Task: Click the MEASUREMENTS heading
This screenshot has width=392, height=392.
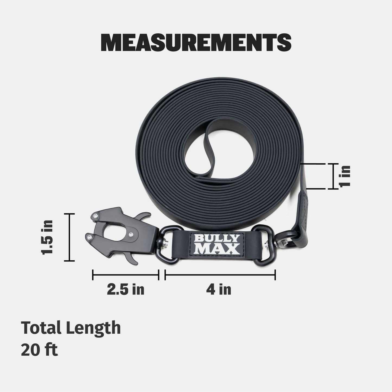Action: pyautogui.click(x=196, y=43)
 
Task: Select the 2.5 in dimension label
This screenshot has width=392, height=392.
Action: pyautogui.click(x=125, y=290)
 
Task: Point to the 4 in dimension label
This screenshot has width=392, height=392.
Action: pyautogui.click(x=218, y=290)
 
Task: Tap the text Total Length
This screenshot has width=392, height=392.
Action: pyautogui.click(x=71, y=328)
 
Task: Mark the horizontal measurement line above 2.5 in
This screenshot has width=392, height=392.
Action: pyautogui.click(x=125, y=275)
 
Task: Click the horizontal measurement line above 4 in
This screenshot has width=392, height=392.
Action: pyautogui.click(x=220, y=275)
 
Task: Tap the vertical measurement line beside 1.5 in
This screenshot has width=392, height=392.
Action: pyautogui.click(x=70, y=237)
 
